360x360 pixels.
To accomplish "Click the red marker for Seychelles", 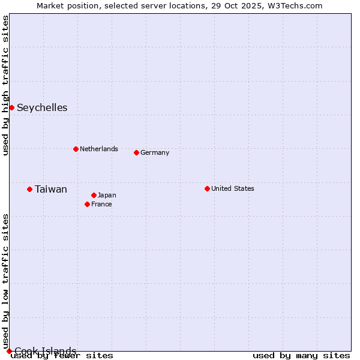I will pyautogui.click(x=11, y=107).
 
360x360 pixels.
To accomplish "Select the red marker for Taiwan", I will pyautogui.click(x=29, y=189).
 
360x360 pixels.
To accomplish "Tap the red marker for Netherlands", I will pyautogui.click(x=76, y=149).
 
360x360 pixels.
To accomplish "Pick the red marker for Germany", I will pyautogui.click(x=136, y=152).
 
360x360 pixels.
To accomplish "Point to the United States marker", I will pyautogui.click(x=207, y=188).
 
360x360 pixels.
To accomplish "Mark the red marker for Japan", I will pyautogui.click(x=94, y=195).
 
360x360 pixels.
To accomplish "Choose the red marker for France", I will pyautogui.click(x=88, y=204).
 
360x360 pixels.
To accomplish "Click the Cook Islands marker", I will pyautogui.click(x=9, y=351).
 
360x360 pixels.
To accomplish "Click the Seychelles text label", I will pyautogui.click(x=42, y=108).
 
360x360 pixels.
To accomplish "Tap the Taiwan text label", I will pyautogui.click(x=51, y=190).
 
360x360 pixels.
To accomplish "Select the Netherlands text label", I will pyautogui.click(x=99, y=149).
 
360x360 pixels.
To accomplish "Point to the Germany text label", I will pyautogui.click(x=155, y=152).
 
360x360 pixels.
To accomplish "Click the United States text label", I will pyautogui.click(x=233, y=188).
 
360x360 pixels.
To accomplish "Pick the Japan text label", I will pyautogui.click(x=107, y=195).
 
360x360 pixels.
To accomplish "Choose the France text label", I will pyautogui.click(x=101, y=204).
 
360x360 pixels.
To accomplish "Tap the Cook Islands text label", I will pyautogui.click(x=46, y=351).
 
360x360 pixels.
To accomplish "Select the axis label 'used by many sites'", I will pyautogui.click(x=301, y=356).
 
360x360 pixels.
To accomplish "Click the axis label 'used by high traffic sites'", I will pyautogui.click(x=6, y=85).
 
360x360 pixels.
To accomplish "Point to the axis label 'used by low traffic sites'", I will pyautogui.click(x=6, y=281).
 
